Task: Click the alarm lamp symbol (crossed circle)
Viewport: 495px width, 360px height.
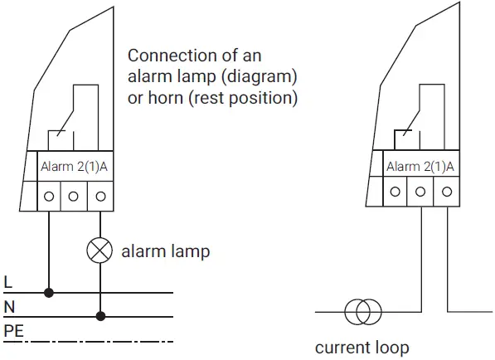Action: click(x=100, y=251)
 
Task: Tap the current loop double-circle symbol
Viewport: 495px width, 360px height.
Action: click(x=362, y=313)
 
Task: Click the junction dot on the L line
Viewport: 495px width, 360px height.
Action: click(x=49, y=293)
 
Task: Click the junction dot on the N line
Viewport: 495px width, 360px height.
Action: click(x=100, y=316)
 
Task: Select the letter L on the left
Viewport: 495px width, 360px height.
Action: click(x=7, y=283)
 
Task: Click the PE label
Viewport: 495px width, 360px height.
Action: click(x=12, y=331)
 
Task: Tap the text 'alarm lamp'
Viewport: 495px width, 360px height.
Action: click(x=166, y=251)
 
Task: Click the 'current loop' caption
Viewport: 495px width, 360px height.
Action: click(x=362, y=347)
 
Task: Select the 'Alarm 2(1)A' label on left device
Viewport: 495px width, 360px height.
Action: click(x=75, y=168)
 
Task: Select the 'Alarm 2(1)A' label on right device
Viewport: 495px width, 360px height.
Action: click(x=420, y=167)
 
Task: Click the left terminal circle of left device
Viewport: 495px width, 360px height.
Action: click(x=49, y=197)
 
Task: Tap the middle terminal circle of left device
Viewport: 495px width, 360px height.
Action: click(x=75, y=197)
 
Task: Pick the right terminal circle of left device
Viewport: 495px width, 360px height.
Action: click(x=100, y=197)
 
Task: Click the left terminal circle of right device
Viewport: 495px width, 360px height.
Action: click(x=395, y=192)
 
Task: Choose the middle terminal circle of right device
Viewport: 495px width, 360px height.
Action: click(x=420, y=192)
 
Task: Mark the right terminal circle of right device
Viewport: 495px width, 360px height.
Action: click(x=446, y=192)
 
